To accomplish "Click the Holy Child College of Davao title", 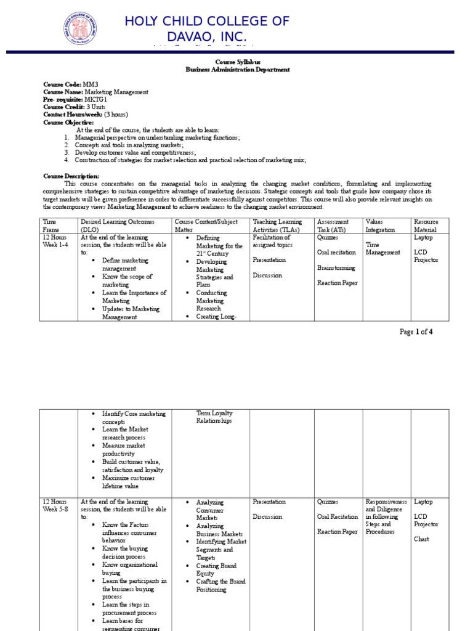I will coord(206,30).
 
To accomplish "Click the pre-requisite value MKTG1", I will coord(99,99).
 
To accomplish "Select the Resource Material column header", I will coord(427,226).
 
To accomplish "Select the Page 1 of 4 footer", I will coord(416,332).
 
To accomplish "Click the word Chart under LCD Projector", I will coord(421,539).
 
